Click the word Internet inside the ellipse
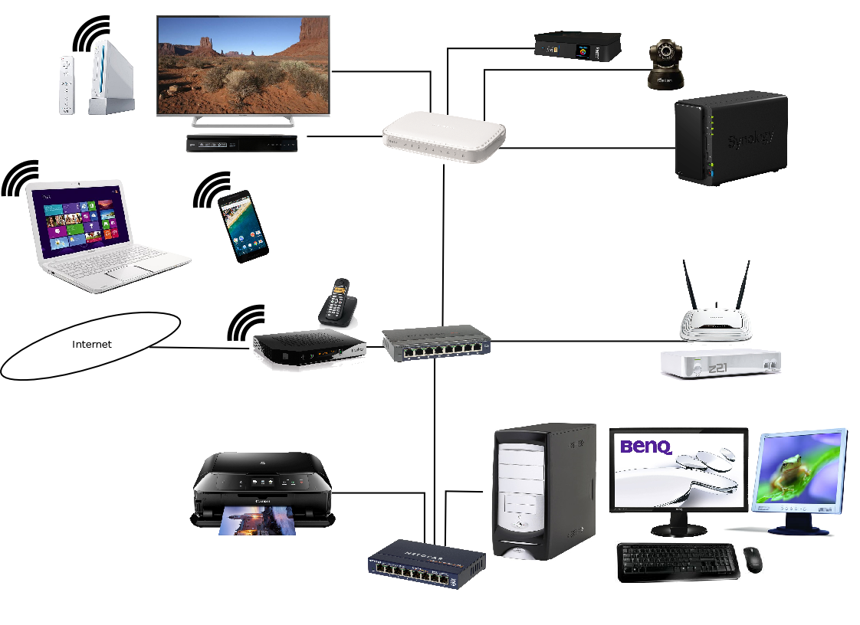pyautogui.click(x=91, y=345)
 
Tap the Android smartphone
pyautogui.click(x=242, y=226)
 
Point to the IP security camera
pyautogui.click(x=665, y=65)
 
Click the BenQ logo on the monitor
pyautogui.click(x=645, y=446)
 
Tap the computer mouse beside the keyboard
pyautogui.click(x=753, y=559)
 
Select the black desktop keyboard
pyautogui.click(x=678, y=561)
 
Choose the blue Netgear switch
pyautogui.click(x=426, y=564)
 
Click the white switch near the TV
pyautogui.click(x=444, y=137)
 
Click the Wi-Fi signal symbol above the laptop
pyautogui.click(x=21, y=178)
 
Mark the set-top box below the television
pyautogui.click(x=241, y=142)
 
